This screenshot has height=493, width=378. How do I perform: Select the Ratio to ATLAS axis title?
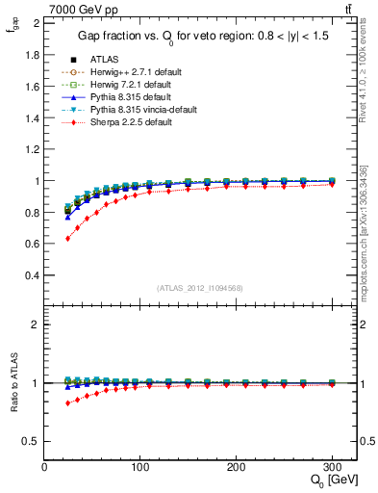click(14, 382)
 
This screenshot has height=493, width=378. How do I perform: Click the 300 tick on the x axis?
click(332, 466)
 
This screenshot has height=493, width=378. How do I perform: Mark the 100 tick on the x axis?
click(140, 466)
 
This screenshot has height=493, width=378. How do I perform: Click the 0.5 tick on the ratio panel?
click(33, 441)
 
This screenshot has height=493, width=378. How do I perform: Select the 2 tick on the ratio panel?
click(37, 324)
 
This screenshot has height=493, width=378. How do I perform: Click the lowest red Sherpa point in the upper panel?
click(67, 239)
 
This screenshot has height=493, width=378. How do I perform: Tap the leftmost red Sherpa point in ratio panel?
click(67, 402)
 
